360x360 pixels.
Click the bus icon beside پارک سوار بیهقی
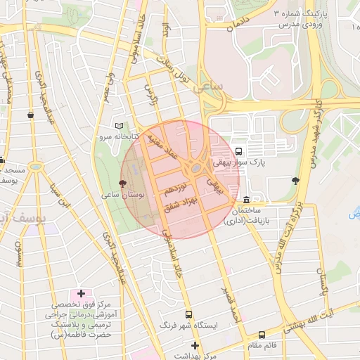tap(239, 150)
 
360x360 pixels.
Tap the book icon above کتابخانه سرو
tap(117, 124)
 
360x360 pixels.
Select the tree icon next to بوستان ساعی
tap(124, 183)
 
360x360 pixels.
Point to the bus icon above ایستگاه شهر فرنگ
tap(188, 315)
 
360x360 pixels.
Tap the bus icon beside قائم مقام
tap(262, 335)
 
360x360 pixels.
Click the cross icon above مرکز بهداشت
tap(195, 345)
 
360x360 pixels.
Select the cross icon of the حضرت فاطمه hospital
tap(81, 292)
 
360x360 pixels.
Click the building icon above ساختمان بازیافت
tap(245, 200)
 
